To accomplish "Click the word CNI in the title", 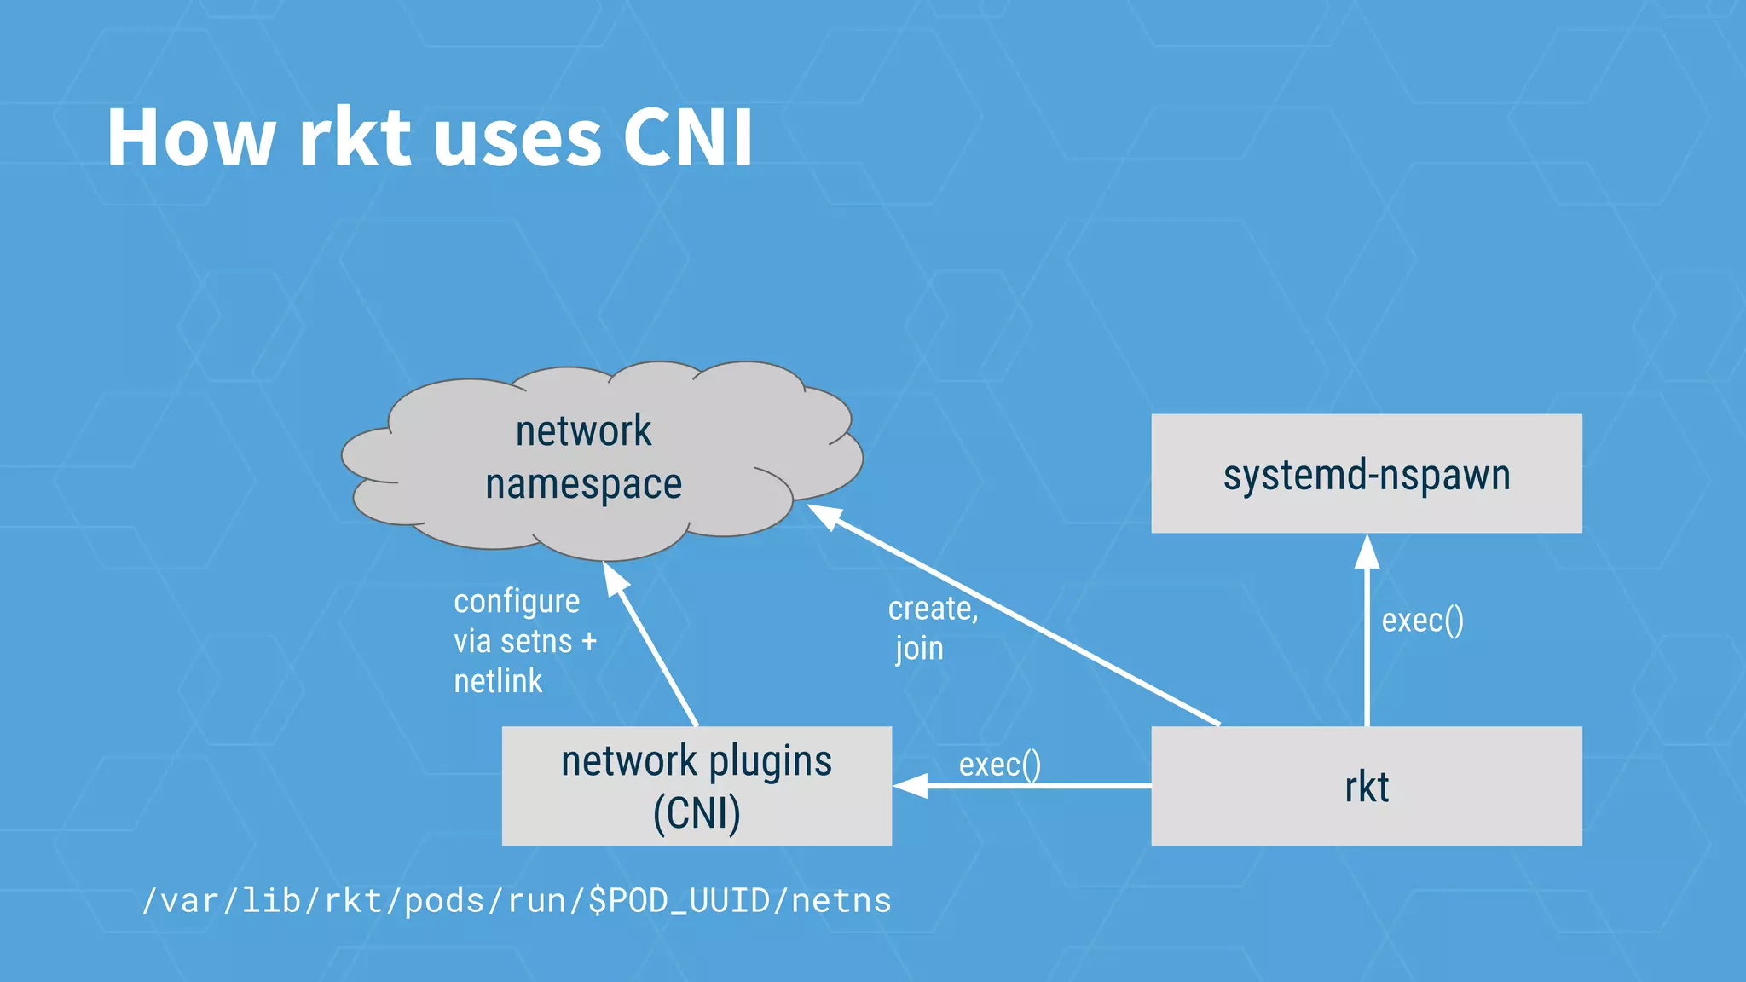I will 687,138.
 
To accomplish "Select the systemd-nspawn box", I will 1366,474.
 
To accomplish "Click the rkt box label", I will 1366,787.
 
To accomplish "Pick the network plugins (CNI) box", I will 697,786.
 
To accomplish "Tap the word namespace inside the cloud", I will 583,484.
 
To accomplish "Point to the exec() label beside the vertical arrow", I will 1422,621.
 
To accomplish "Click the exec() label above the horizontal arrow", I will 999,765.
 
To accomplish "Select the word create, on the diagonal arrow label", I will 933,609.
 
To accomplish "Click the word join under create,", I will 919,649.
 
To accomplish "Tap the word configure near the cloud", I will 517,602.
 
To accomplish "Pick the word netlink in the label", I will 498,681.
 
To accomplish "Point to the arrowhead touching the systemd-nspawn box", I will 1367,552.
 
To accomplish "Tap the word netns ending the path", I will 841,901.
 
